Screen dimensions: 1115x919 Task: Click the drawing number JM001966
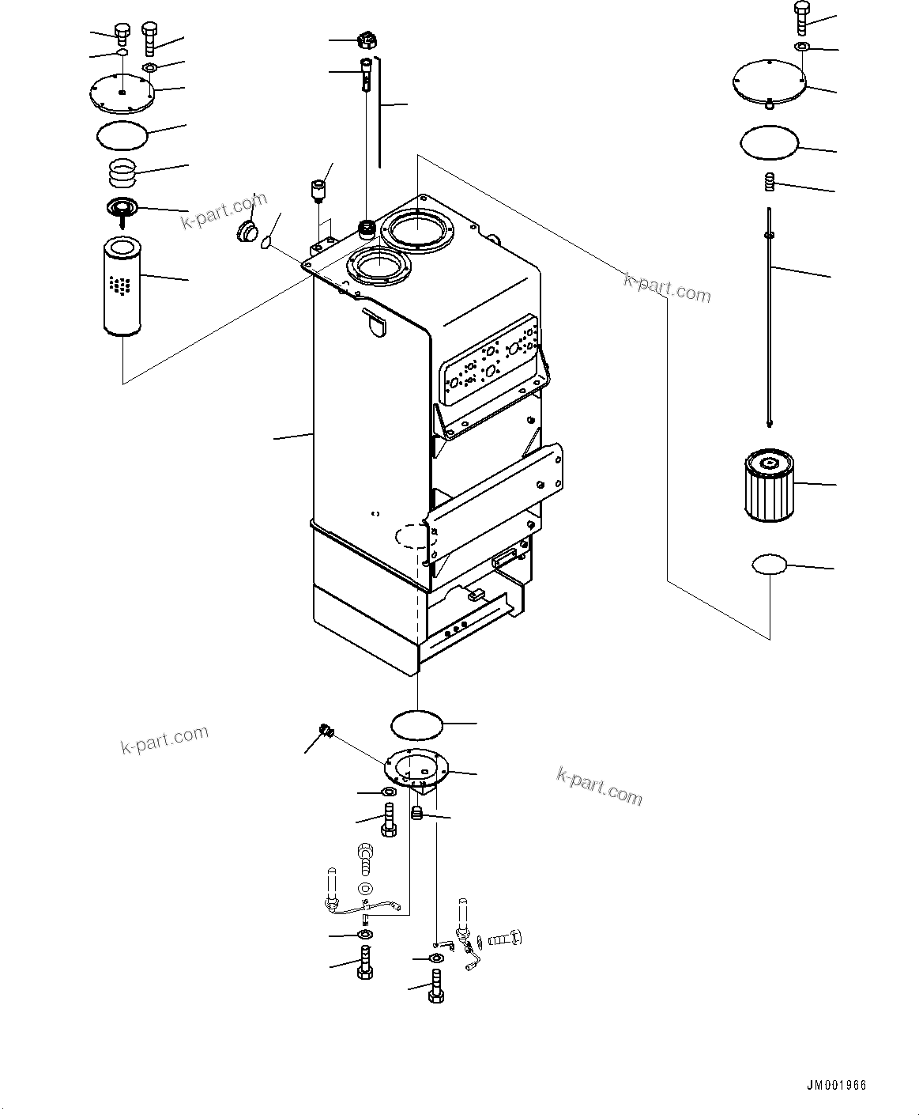click(x=836, y=1085)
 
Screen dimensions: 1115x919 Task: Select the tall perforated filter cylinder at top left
click(x=121, y=289)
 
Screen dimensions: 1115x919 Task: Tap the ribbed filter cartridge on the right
click(x=768, y=484)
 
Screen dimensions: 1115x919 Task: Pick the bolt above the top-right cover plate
click(x=801, y=17)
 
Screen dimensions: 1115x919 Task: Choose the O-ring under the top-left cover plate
click(x=122, y=135)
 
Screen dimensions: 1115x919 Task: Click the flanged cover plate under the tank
click(x=416, y=768)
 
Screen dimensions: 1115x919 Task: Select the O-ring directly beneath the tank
click(x=417, y=723)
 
